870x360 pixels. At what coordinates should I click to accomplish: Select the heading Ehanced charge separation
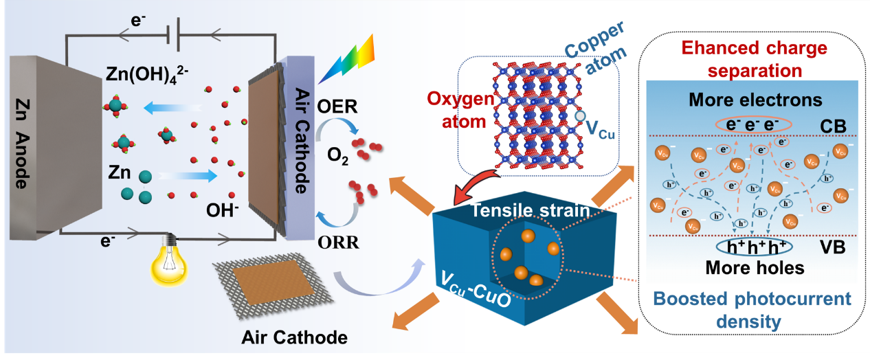pyautogui.click(x=754, y=59)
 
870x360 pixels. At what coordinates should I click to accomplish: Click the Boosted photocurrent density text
pyautogui.click(x=754, y=310)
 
